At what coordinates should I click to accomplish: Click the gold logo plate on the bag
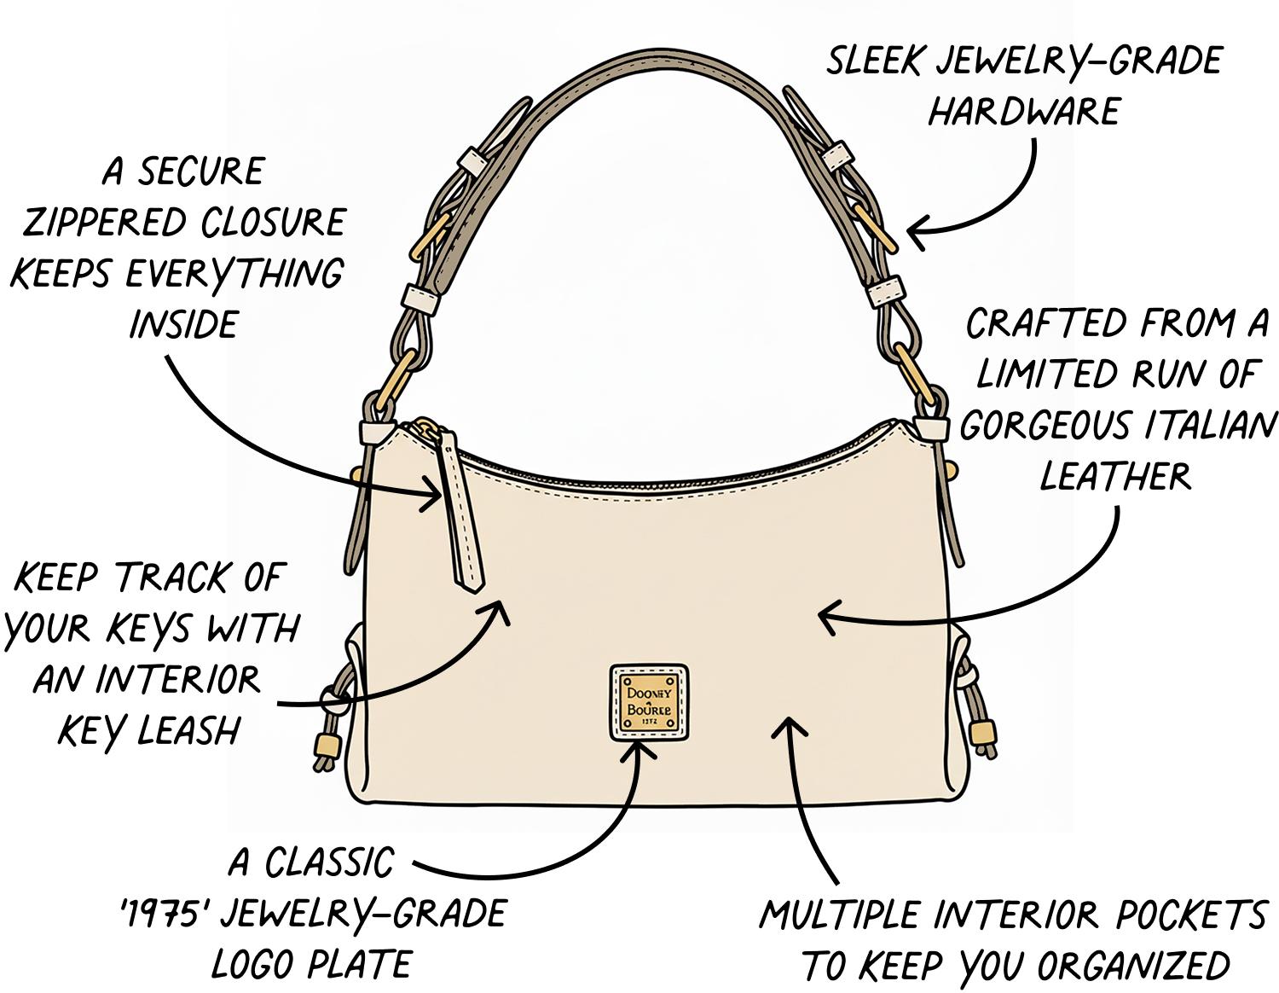coord(649,703)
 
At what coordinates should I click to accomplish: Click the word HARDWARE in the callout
coord(1023,111)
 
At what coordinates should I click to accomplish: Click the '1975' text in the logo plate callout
coord(159,915)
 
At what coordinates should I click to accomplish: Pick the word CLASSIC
coord(330,862)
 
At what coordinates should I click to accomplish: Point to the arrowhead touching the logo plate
coord(639,749)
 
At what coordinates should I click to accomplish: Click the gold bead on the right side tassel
coord(983,733)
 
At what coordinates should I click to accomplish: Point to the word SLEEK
coord(873,60)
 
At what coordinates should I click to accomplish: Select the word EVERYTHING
coord(234,274)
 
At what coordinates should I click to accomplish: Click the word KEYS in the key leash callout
coord(150,628)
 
